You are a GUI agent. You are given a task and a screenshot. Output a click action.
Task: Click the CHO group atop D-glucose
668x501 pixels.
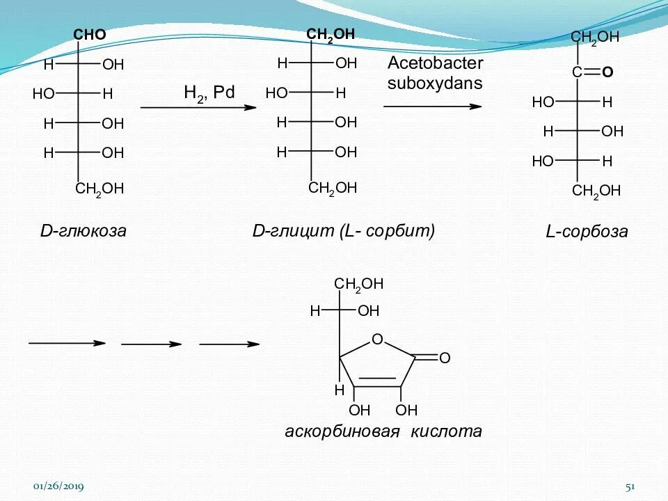pos(90,35)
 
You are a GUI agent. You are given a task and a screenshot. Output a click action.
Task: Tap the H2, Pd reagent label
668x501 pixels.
pos(209,93)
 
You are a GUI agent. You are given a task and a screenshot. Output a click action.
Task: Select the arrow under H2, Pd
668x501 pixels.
pos(195,108)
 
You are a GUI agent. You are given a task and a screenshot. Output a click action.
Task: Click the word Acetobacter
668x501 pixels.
pos(435,63)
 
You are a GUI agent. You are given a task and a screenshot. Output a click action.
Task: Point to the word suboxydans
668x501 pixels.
pos(435,83)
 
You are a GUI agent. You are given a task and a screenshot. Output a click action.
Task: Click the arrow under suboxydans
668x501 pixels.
pos(432,106)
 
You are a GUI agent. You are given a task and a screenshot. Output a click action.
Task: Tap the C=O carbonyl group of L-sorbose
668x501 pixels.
pos(591,72)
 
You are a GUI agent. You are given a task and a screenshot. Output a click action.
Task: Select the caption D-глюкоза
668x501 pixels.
pos(83,231)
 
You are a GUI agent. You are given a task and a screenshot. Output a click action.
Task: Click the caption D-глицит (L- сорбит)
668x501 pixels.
pos(343,231)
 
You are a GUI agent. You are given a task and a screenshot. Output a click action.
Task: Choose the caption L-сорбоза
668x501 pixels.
pos(587,232)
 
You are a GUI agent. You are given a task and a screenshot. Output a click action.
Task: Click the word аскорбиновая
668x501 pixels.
pos(342,432)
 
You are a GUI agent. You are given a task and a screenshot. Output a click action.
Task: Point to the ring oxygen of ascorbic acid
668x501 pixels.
pos(377,340)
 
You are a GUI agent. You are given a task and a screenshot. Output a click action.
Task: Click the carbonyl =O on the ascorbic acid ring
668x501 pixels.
pos(445,358)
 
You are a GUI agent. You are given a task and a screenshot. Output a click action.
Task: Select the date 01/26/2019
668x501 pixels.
pos(59,487)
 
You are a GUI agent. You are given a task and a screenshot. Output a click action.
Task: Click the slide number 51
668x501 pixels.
pos(631,487)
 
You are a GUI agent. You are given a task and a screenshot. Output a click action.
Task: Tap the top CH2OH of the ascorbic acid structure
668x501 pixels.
pos(358,284)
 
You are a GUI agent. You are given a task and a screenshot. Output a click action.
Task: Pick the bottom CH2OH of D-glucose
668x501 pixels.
pos(100,189)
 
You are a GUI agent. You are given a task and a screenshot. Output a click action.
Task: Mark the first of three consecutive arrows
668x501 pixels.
pos(67,343)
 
